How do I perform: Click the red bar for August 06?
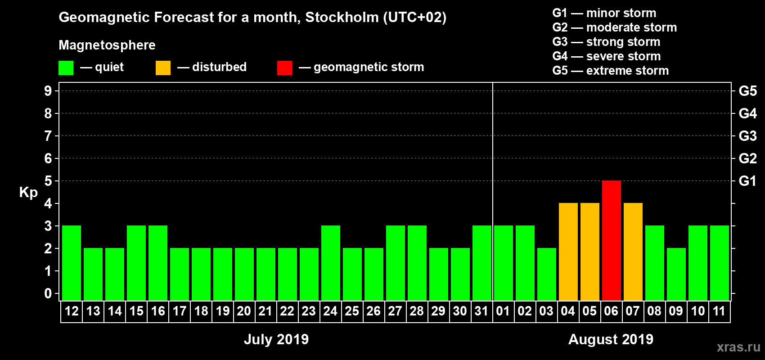pos(611,240)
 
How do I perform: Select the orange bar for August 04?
pos(568,252)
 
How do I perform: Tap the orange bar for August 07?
pos(633,252)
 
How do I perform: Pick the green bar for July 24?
pos(330,263)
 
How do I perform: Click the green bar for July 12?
pos(72,263)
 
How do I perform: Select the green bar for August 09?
pos(676,274)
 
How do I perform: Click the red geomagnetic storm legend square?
pos(284,68)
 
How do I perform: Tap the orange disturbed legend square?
pos(163,68)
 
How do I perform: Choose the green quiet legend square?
pos(66,68)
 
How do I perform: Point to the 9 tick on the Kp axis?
pos(48,91)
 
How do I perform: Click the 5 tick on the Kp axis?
pos(48,181)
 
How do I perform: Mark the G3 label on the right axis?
pos(747,136)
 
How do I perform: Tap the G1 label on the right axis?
pos(747,181)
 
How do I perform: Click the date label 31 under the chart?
pos(481,311)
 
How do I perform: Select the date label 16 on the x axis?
pos(158,311)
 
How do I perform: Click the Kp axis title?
pos(28,193)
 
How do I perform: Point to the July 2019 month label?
pos(276,339)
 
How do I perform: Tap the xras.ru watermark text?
pos(738,347)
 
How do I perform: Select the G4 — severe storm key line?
pos(607,56)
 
